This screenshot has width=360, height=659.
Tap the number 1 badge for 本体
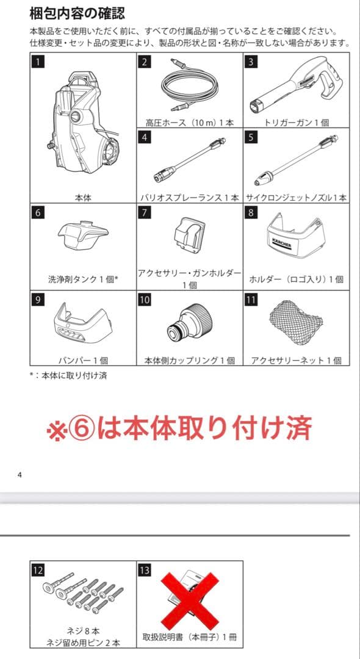38,61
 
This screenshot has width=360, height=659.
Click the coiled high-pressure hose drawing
189,90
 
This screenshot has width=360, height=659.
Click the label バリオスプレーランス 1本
189,198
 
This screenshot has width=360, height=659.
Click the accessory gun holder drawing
189,234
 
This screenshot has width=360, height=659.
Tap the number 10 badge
145,300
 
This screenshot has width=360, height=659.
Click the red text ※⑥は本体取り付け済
180,428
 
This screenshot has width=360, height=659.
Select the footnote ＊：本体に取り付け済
68,376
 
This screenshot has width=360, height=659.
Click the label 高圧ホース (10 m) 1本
189,122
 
